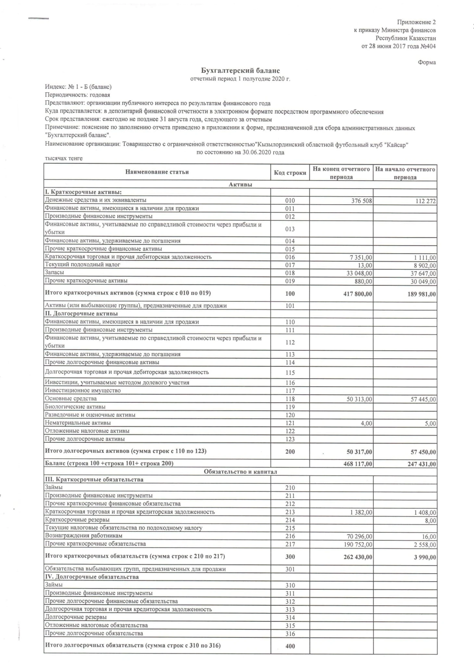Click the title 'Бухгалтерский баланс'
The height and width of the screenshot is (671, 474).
pos(240,71)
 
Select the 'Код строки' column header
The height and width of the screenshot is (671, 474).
pos(290,173)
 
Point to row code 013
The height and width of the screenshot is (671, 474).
pos(290,229)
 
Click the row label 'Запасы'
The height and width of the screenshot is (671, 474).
pos(54,272)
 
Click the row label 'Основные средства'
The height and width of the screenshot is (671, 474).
pos(71,398)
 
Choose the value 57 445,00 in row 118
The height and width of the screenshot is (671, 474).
pos(423,399)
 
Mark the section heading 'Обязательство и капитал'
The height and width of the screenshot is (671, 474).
pos(240,471)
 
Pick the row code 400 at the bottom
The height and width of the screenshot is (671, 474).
pos(290,646)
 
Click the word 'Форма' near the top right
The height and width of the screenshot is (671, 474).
pos(427,62)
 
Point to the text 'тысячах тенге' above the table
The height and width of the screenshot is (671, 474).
pos(64,159)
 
